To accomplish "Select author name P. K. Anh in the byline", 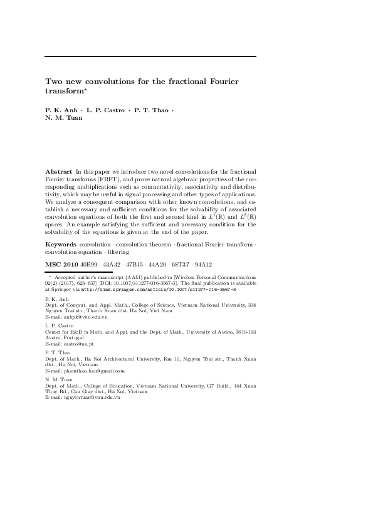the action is click(x=61, y=110).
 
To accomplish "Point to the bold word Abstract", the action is click(x=59, y=171).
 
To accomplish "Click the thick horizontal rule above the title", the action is click(x=150, y=57).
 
